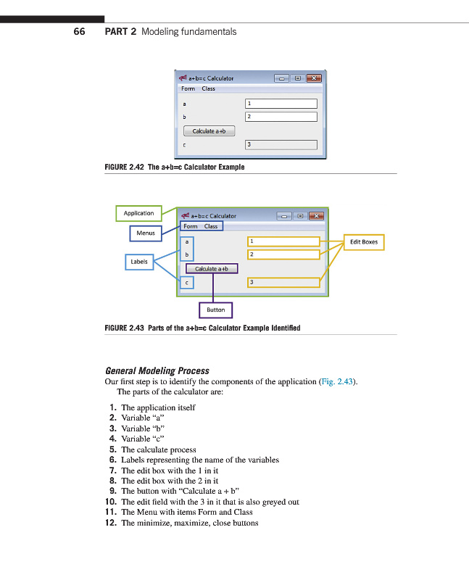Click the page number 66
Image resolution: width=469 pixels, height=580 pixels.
coord(79,31)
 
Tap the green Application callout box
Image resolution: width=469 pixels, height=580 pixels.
coord(138,213)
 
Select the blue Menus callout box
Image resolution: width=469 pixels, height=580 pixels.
coord(146,233)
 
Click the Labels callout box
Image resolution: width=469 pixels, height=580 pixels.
coord(139,261)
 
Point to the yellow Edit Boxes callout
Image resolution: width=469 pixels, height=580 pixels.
coord(364,242)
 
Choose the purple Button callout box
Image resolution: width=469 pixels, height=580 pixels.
coord(215,310)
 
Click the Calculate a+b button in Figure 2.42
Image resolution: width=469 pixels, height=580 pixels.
coord(209,131)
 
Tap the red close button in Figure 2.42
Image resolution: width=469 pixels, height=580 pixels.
coord(313,78)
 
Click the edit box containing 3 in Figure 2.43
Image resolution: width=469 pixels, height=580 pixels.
coord(283,281)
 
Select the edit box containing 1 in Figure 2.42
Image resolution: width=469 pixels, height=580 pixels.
coord(281,104)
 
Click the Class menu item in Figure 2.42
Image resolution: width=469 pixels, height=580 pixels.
coord(208,88)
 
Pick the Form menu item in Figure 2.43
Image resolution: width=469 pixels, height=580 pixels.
coord(189,226)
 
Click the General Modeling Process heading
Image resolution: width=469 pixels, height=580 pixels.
coord(157,370)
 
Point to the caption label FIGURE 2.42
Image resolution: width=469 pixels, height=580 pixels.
coord(125,167)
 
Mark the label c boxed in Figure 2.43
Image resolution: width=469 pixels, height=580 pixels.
coord(187,282)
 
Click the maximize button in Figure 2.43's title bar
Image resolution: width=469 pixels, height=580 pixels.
coord(299,215)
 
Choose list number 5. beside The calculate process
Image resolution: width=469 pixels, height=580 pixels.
coord(113,449)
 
